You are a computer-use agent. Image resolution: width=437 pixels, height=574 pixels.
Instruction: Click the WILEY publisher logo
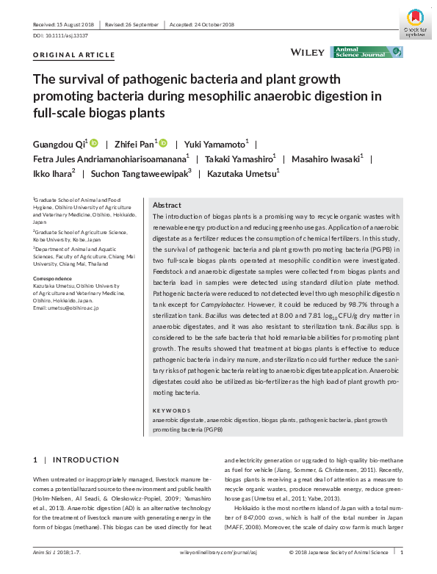pos(307,52)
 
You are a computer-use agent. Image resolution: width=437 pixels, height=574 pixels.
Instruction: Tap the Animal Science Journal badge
pos(366,52)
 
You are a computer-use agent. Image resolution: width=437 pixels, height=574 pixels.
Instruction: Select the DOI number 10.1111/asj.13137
pos(65,35)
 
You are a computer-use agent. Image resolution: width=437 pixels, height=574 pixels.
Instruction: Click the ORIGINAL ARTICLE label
pos(74,55)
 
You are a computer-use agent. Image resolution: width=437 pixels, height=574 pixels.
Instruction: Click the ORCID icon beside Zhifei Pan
pos(163,143)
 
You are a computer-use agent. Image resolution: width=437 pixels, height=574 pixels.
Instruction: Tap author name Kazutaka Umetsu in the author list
pos(244,174)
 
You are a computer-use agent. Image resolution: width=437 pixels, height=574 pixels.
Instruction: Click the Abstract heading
pos(166,206)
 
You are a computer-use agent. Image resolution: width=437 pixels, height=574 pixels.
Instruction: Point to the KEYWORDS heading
pos(171,410)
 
